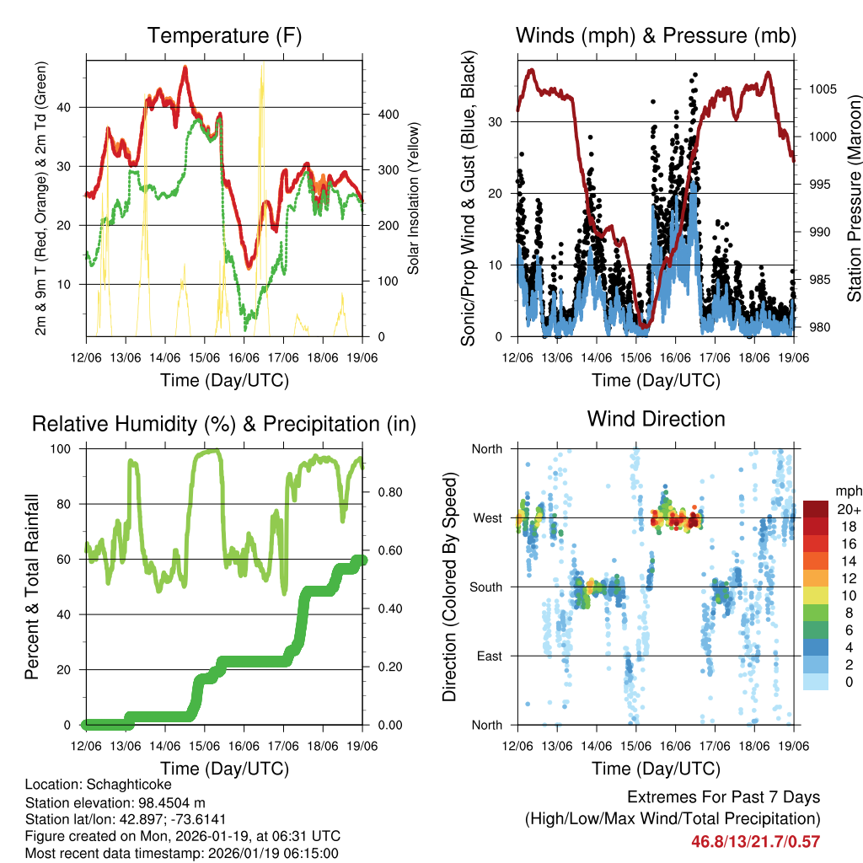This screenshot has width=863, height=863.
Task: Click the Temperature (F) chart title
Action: (x=224, y=35)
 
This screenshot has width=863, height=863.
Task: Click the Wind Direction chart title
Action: (x=656, y=419)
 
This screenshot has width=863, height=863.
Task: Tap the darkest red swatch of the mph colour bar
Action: (x=816, y=509)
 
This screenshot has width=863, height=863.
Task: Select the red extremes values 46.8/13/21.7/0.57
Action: (x=756, y=841)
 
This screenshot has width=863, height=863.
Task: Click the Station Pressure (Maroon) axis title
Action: (x=852, y=199)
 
